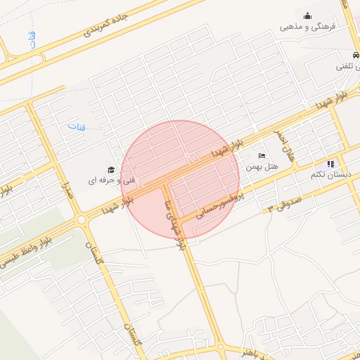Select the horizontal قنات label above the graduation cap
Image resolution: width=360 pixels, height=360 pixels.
click(x=75, y=127)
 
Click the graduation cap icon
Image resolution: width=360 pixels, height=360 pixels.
click(x=110, y=170)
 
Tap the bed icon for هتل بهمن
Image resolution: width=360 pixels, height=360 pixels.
click(x=262, y=155)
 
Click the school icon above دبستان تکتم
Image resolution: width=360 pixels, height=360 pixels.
click(x=330, y=163)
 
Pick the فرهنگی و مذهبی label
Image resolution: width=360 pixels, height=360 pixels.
click(x=309, y=27)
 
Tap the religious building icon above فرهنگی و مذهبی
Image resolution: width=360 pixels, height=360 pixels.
click(x=307, y=15)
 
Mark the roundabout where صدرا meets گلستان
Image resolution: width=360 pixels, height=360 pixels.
click(x=82, y=219)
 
